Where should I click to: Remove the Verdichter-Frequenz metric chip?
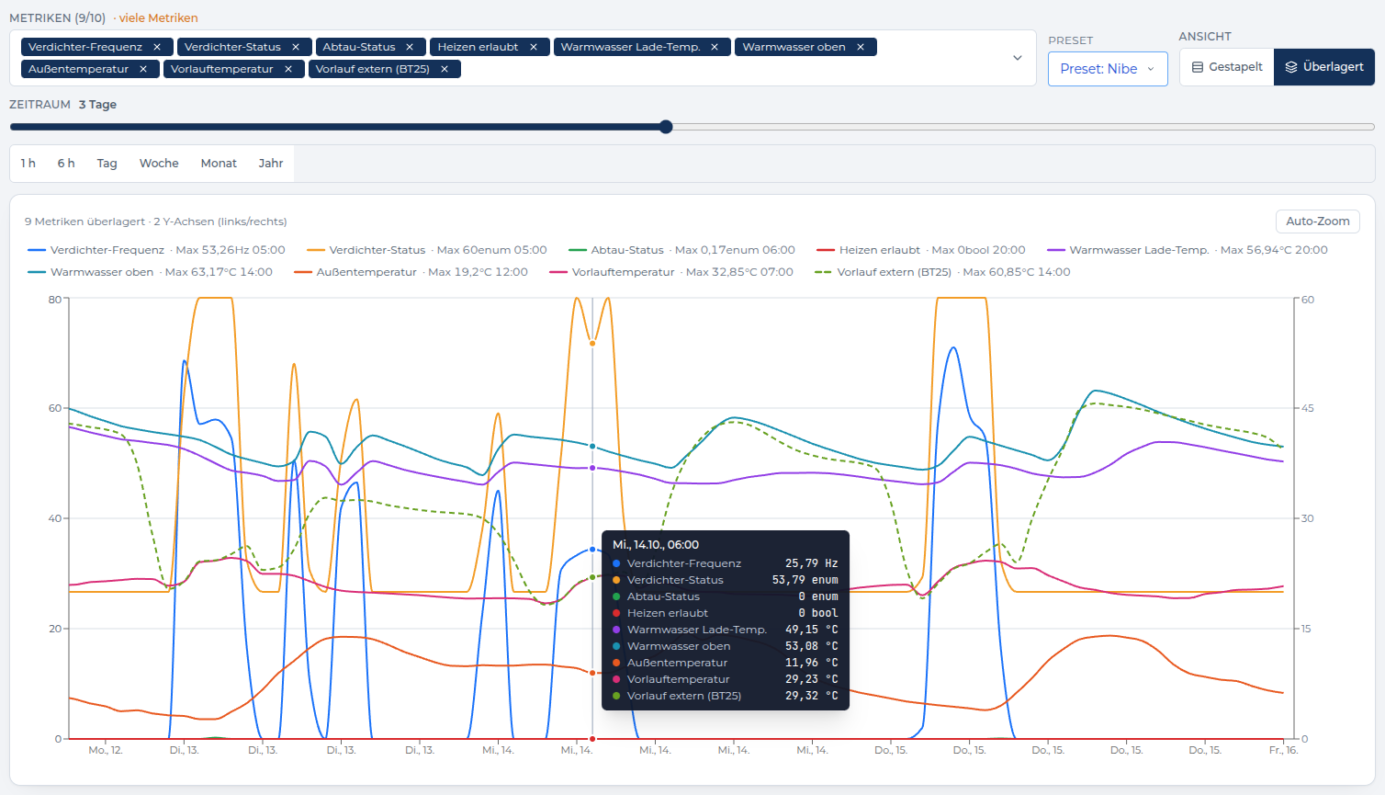157,47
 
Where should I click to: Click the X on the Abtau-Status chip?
410,47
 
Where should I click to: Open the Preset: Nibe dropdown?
1108,69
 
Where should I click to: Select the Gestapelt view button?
1227,67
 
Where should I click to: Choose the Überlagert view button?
1323,67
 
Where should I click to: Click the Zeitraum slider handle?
666,127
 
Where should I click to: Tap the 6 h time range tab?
66,164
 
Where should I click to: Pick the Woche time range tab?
159,164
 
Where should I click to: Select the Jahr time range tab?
271,164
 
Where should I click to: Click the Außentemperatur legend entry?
366,272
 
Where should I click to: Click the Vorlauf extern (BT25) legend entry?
894,272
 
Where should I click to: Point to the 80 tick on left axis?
55,300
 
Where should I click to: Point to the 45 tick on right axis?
1307,408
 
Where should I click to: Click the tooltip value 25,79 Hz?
811,563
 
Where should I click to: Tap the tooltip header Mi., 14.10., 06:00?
656,545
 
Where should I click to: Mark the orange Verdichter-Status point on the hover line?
592,344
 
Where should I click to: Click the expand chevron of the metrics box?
1017,58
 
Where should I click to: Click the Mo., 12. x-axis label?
106,750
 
